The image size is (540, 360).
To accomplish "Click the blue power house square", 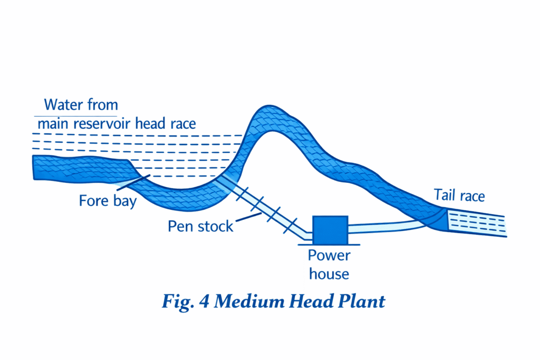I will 331,230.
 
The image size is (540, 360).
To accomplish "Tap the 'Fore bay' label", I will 108,201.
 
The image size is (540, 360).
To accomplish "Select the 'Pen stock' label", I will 200,226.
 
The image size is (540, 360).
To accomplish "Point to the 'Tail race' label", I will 459,196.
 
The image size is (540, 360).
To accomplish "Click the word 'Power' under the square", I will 329,256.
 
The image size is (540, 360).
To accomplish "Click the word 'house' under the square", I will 329,274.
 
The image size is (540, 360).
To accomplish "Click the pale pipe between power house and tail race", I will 385,227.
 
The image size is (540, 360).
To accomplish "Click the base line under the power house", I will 331,244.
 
